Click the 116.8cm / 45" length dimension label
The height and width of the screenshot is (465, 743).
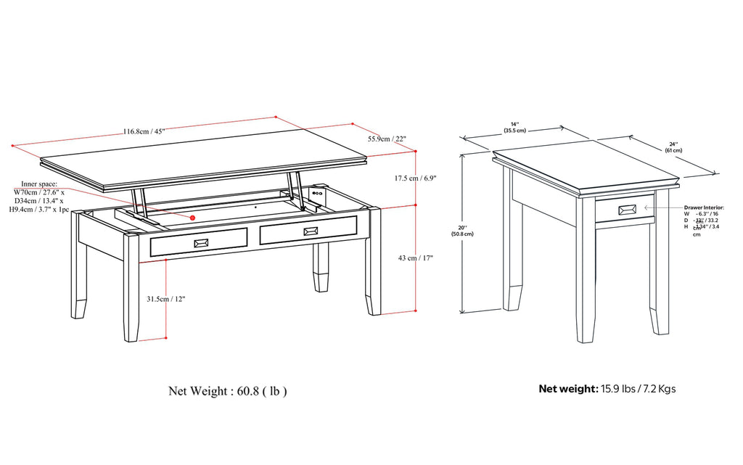[x=144, y=132]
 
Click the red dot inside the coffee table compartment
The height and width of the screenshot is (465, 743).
[x=194, y=217]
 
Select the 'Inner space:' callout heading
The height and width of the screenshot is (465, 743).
[x=39, y=184]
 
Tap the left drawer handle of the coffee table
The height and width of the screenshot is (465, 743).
[x=201, y=242]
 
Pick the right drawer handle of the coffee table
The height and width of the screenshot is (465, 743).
[x=311, y=231]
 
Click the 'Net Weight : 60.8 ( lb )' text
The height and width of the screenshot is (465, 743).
[x=227, y=391]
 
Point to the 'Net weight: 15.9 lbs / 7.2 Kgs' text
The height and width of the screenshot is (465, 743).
[x=607, y=389]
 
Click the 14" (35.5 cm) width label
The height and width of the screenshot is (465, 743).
[x=514, y=126]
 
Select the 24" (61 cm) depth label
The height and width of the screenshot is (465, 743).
[x=673, y=147]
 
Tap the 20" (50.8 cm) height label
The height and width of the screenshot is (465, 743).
[x=461, y=230]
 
